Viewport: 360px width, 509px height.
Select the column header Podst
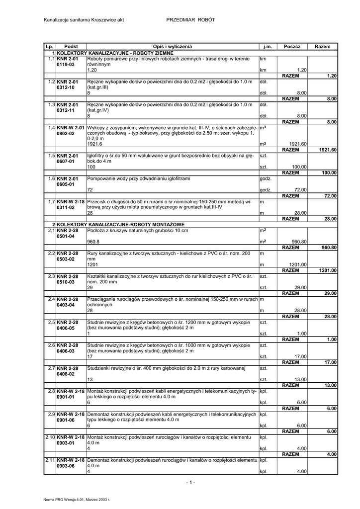click(x=71, y=46)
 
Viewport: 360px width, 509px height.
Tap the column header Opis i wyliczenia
click(x=172, y=46)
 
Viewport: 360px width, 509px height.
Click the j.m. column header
click(x=268, y=46)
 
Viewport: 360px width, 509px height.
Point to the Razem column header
click(x=322, y=46)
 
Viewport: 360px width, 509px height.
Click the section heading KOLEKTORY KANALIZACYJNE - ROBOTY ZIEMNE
click(x=115, y=52)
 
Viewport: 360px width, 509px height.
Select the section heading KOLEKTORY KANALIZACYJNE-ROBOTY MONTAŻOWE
click(x=121, y=225)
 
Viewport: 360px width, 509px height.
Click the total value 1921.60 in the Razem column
click(x=328, y=150)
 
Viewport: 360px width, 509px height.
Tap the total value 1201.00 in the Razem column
click(x=328, y=270)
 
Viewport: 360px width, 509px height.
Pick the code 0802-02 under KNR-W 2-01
click(x=66, y=134)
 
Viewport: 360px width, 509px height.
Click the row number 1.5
click(x=51, y=156)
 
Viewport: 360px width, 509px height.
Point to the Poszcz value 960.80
click(x=299, y=242)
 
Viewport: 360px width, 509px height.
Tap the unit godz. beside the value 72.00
click(x=266, y=190)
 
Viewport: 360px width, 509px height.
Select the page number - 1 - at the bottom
click(x=191, y=482)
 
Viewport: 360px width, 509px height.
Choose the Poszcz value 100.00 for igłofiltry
click(x=299, y=167)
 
